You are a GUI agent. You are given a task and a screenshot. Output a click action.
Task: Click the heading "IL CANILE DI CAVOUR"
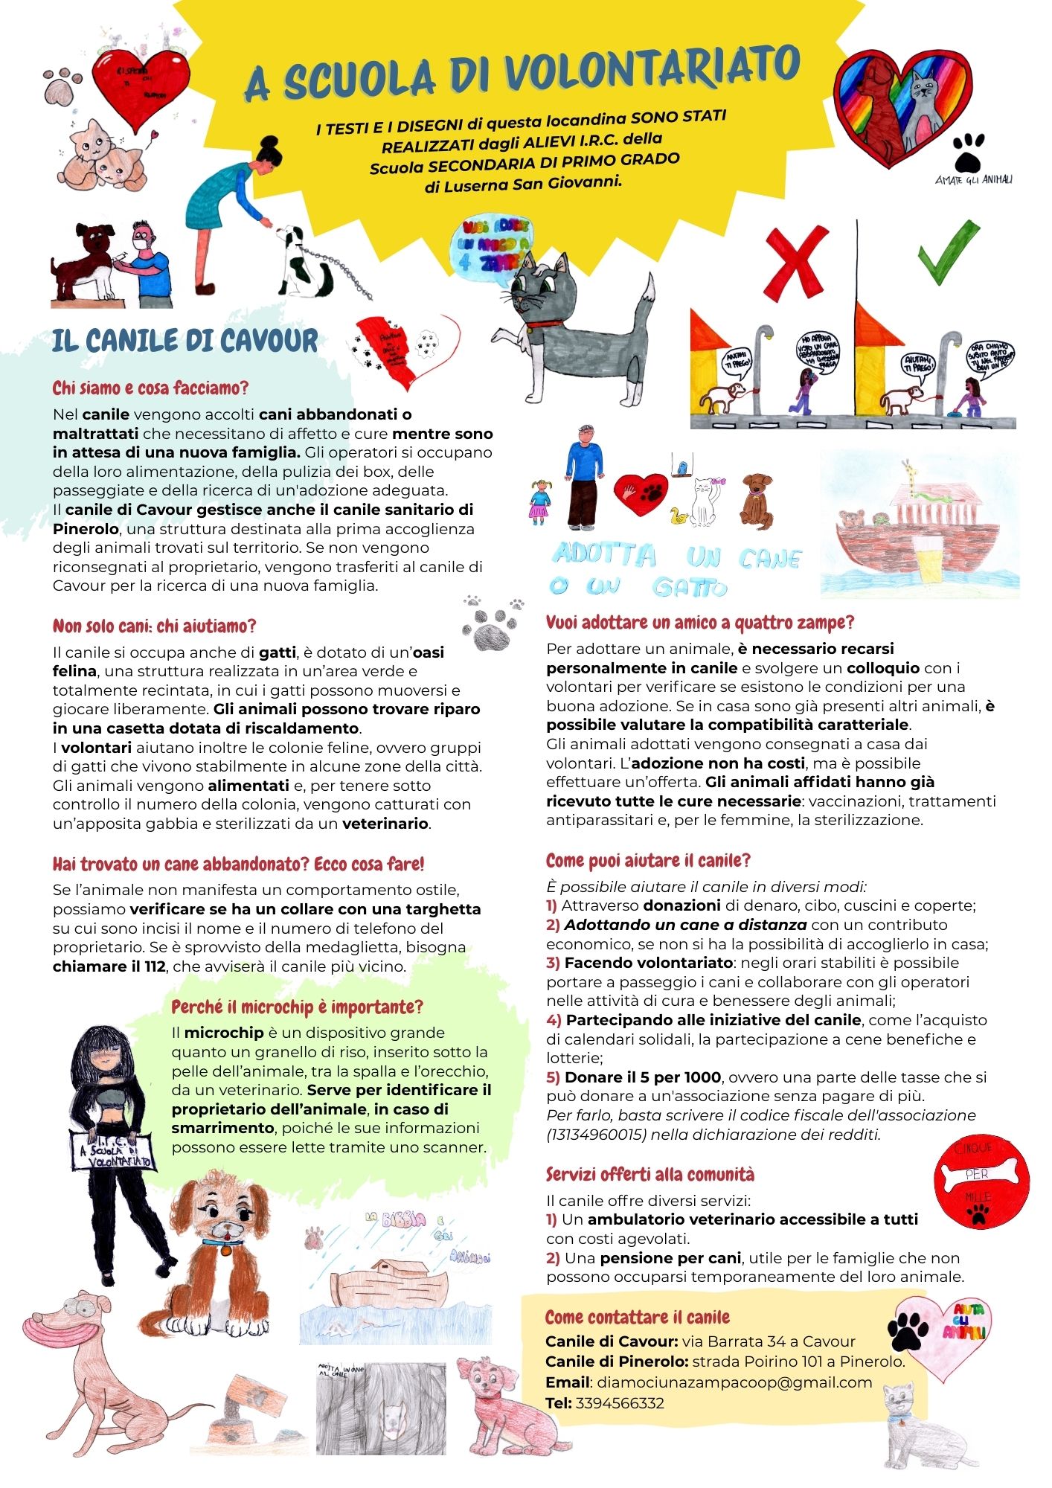coord(185,341)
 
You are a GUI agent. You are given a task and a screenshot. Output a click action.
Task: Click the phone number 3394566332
coord(620,1403)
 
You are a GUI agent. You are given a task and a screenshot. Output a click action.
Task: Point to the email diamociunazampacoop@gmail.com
coord(734,1382)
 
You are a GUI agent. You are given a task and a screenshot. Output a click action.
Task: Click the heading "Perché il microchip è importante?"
coord(297,1007)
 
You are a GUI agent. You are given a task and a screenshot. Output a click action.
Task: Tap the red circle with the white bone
coord(981,1182)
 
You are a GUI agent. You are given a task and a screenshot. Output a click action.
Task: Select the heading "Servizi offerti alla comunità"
coord(650,1174)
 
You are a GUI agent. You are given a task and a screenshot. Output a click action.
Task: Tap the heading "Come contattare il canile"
coord(637,1318)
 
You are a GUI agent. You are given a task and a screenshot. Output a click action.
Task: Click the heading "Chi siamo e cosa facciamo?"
coord(150,388)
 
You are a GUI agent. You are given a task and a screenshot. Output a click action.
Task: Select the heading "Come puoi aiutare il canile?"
coord(648,861)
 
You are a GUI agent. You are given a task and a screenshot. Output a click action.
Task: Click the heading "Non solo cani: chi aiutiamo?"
coord(154,626)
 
